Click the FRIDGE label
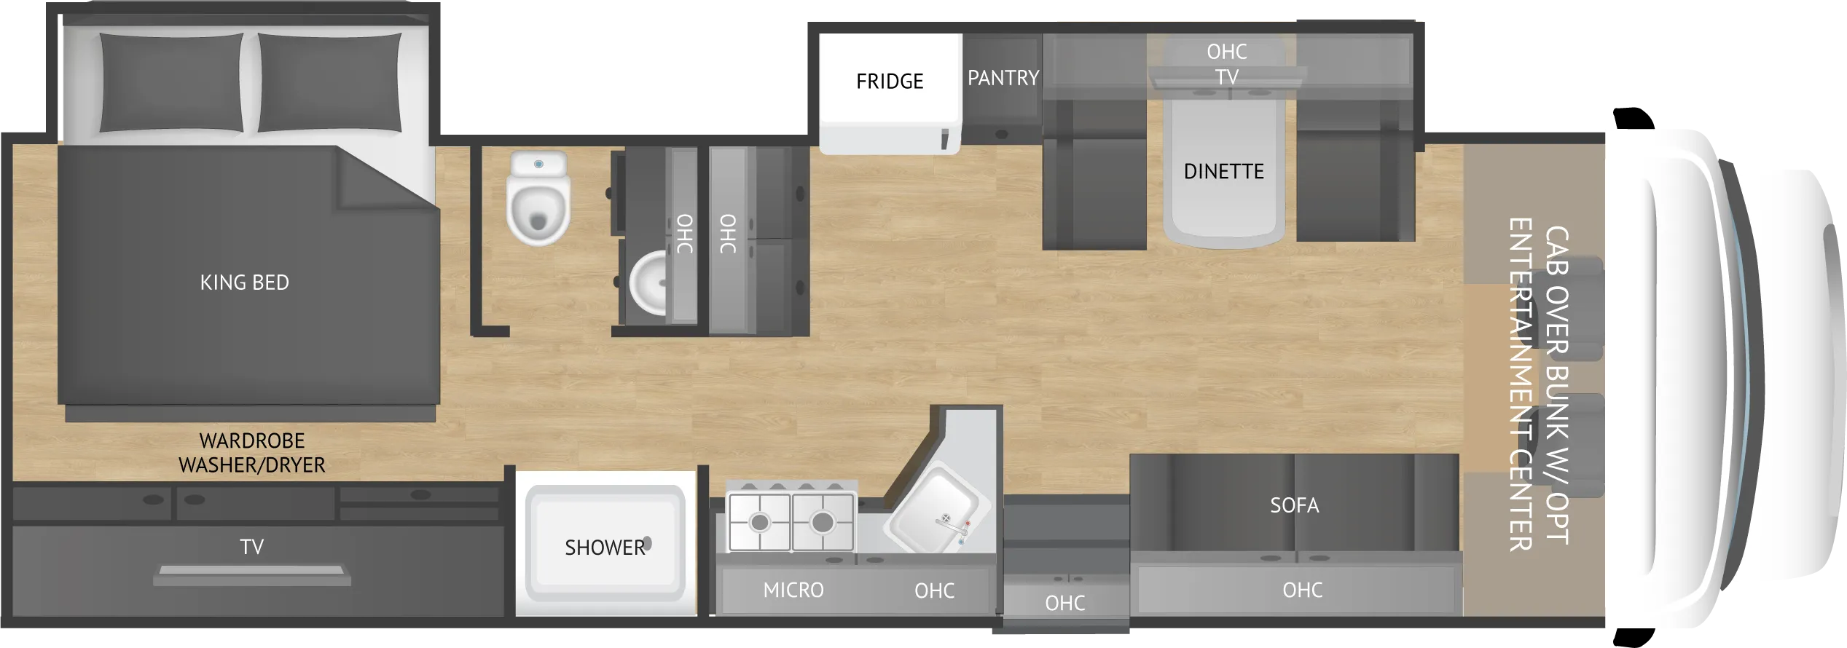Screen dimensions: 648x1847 click(x=890, y=81)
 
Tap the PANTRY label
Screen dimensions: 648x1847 click(x=1003, y=78)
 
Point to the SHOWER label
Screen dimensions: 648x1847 click(x=604, y=548)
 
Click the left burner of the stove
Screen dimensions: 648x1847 click(x=760, y=523)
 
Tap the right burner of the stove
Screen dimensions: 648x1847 click(x=823, y=523)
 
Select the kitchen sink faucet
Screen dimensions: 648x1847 click(x=950, y=523)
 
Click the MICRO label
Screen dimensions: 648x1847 click(x=793, y=590)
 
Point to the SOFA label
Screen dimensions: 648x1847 click(x=1294, y=505)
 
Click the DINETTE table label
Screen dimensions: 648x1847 click(x=1223, y=172)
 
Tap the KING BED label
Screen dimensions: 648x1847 click(x=245, y=282)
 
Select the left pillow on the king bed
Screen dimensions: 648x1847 click(x=171, y=82)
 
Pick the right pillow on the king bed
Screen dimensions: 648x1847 click(x=329, y=82)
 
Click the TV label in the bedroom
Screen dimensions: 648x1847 click(x=252, y=547)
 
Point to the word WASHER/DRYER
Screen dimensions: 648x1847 click(x=252, y=465)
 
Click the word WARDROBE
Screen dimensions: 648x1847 click(x=252, y=440)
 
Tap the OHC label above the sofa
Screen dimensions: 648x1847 click(x=1302, y=590)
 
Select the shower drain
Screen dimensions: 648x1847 click(x=647, y=543)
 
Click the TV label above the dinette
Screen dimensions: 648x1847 click(x=1227, y=77)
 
